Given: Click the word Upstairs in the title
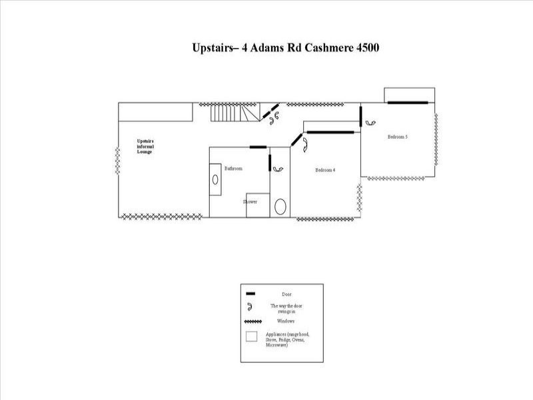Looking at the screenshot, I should point(212,49).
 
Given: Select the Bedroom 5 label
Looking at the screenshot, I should point(398,137).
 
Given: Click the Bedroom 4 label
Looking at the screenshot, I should point(324,170).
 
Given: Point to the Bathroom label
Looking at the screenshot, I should point(233,169).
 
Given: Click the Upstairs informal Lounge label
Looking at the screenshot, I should point(145,147).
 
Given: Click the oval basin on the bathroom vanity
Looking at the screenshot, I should point(216,179).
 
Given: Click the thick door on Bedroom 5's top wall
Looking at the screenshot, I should point(408,102).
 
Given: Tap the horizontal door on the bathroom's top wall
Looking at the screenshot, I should point(258,147).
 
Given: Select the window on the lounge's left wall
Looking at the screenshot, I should point(119,161).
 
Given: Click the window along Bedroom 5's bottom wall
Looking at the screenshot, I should point(398,177).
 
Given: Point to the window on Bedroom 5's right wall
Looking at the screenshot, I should point(436,139).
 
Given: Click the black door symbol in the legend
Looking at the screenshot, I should point(251,293).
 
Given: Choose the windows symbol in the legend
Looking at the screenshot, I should point(251,321).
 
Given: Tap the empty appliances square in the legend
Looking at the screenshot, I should point(251,337).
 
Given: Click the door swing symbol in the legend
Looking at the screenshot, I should point(251,306).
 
